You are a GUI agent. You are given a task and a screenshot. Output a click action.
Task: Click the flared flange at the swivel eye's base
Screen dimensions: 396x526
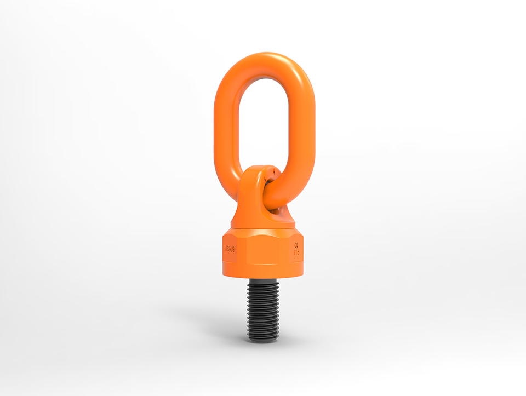[x=263, y=220]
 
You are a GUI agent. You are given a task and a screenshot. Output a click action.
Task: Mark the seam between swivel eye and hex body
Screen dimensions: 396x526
[x=263, y=228]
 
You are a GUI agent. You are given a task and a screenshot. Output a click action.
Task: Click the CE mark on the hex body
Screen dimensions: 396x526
[x=296, y=246]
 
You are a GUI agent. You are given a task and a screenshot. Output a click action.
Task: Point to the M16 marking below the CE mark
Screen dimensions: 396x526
[x=296, y=254]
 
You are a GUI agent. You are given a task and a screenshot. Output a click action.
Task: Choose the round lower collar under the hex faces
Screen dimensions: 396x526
[x=264, y=272]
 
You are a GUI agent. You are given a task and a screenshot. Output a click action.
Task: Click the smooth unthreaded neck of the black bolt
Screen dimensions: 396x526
[x=264, y=280]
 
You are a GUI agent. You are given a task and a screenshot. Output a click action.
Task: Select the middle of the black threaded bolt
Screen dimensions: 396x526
[x=264, y=309]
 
